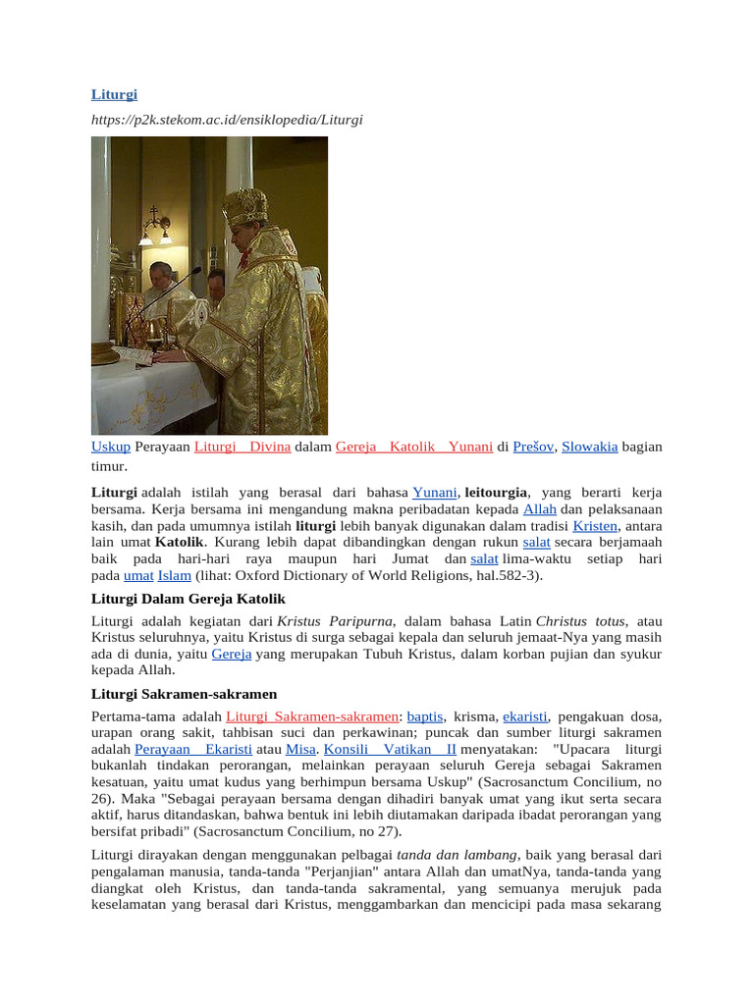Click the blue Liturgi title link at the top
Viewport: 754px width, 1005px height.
tap(114, 94)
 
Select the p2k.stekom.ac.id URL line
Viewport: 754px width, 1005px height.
tap(227, 120)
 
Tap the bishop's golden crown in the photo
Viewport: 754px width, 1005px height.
tap(244, 206)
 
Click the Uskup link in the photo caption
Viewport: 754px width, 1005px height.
tap(110, 447)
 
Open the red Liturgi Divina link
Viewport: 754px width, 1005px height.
tap(242, 447)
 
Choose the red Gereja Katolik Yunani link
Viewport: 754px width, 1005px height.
tap(413, 447)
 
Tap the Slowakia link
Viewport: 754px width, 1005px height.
tap(589, 447)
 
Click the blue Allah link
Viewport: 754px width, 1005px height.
tap(540, 509)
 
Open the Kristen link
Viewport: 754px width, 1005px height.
tap(595, 526)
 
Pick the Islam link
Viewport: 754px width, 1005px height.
tap(174, 575)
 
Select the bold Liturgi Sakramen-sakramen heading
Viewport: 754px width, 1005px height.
tap(184, 694)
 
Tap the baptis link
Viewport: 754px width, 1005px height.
tap(424, 716)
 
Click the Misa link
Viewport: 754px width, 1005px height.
tap(300, 749)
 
